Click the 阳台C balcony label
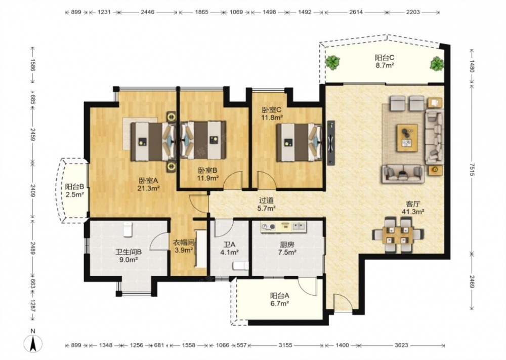[385, 58]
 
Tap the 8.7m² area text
[385, 65]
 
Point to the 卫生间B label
[129, 252]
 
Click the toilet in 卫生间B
[128, 229]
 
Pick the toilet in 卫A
[241, 266]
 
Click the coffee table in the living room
[407, 138]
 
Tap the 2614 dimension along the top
[356, 12]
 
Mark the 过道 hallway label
[266, 201]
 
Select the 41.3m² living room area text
[413, 212]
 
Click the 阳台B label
[74, 187]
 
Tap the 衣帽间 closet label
[184, 243]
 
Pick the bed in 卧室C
[299, 142]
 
